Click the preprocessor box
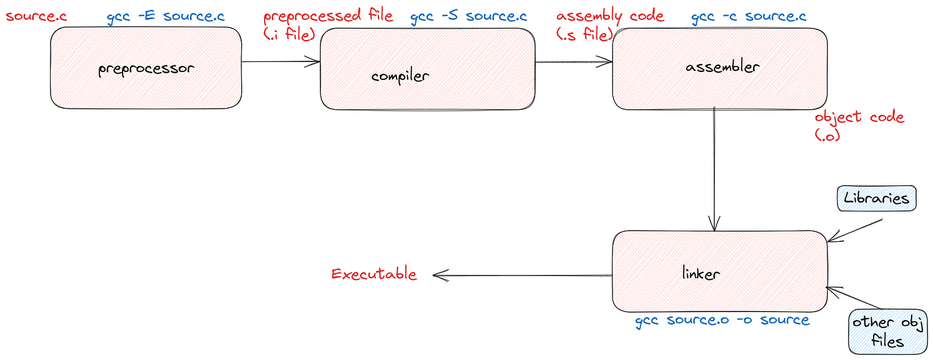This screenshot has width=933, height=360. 145,68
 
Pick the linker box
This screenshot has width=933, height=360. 720,271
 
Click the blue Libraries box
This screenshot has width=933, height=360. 876,198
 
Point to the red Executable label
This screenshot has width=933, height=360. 374,274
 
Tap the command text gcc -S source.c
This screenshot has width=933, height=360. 468,17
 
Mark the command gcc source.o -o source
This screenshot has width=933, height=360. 722,321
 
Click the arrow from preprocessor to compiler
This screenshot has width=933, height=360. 281,62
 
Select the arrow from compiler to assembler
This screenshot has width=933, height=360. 573,62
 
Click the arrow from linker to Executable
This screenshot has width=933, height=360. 522,274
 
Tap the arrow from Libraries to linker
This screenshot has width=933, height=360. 854,230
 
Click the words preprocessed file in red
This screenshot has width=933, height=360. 328,17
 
